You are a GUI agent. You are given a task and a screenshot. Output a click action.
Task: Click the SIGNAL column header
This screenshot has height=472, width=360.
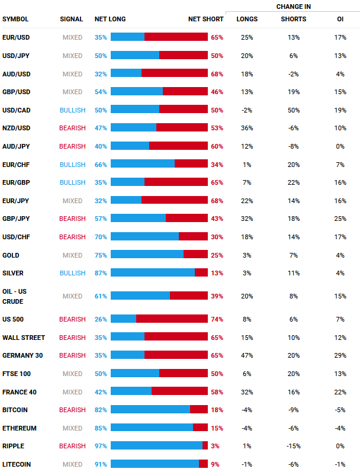pyautogui.click(x=72, y=20)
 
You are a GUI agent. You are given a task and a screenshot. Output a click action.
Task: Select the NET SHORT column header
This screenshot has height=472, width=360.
pyautogui.click(x=205, y=20)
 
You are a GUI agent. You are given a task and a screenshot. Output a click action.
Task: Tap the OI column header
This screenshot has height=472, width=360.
pyautogui.click(x=340, y=20)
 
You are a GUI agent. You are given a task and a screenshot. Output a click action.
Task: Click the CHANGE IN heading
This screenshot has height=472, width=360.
pyautogui.click(x=294, y=7)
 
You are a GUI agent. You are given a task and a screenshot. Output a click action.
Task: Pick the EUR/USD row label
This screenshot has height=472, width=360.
pyautogui.click(x=17, y=37)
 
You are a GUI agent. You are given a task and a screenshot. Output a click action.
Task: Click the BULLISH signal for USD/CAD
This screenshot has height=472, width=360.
pyautogui.click(x=72, y=110)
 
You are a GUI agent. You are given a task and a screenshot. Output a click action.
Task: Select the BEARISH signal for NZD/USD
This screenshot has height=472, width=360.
pyautogui.click(x=72, y=128)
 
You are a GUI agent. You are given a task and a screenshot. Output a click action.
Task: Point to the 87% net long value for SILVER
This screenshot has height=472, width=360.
pyautogui.click(x=100, y=273)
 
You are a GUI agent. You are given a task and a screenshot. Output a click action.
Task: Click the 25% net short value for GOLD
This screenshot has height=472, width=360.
pyautogui.click(x=217, y=255)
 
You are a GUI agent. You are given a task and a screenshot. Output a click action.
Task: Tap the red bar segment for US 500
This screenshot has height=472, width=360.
pyautogui.click(x=172, y=319)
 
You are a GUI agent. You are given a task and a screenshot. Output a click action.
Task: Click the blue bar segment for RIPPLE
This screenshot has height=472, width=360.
pyautogui.click(x=156, y=446)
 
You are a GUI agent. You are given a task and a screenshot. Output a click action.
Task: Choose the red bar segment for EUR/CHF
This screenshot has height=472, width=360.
pyautogui.click(x=191, y=164)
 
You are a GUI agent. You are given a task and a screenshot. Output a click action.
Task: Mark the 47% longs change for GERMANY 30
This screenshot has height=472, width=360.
pyautogui.click(x=247, y=355)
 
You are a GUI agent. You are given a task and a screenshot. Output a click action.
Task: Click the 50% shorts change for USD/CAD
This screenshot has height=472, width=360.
pyautogui.click(x=293, y=110)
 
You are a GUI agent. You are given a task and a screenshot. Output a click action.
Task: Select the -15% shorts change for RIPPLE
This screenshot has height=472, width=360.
pyautogui.click(x=293, y=446)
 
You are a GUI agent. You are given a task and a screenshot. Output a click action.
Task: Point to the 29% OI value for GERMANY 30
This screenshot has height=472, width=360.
pyautogui.click(x=340, y=355)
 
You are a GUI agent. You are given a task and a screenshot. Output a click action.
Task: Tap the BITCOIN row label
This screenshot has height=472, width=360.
pyautogui.click(x=15, y=410)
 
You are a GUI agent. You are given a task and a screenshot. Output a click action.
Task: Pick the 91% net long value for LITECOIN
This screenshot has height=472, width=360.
pyautogui.click(x=100, y=464)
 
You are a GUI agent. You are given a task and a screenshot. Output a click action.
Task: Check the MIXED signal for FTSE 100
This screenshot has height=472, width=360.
pyautogui.click(x=72, y=374)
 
